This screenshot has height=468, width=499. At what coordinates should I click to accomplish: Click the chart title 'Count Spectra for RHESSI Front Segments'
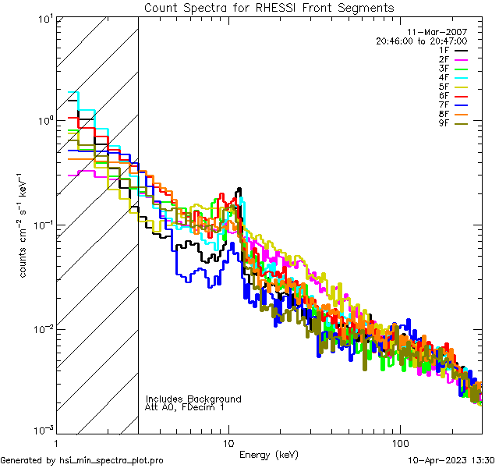(x=269, y=8)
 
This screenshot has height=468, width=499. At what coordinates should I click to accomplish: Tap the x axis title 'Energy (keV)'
(x=269, y=455)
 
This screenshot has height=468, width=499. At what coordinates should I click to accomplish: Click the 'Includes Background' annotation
(x=193, y=399)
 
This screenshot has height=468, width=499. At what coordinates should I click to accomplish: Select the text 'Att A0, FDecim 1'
(x=185, y=407)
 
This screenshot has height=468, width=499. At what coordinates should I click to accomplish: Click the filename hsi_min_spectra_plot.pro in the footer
(x=111, y=461)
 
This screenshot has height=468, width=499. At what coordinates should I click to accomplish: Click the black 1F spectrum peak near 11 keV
(x=239, y=189)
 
